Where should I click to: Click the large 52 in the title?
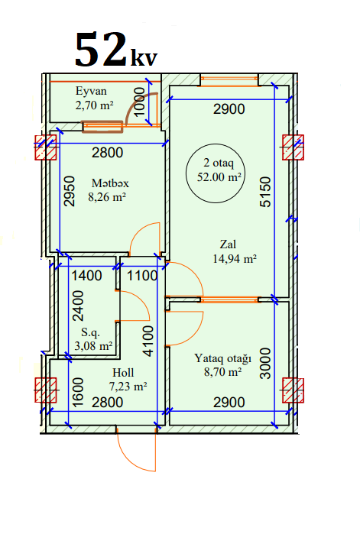pos(100,49)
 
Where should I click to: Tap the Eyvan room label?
pos(91,91)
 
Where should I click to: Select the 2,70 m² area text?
pos(94,105)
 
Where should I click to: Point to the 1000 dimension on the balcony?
pos(139,102)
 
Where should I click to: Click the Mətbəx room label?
pos(110,183)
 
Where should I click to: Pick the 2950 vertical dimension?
pos(69,191)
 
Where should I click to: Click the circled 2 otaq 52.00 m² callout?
pos(216,173)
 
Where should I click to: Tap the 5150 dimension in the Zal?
pos(265,192)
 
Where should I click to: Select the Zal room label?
pos(228,244)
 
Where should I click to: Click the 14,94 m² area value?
pos(235,259)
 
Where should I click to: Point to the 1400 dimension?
pos(86,276)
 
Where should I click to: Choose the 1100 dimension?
pos(142,276)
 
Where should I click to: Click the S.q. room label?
pos(90,332)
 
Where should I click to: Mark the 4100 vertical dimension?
pos(148,341)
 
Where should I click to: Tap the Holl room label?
pos(123,373)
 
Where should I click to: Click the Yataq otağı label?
pos(222,358)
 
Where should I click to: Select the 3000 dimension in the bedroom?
pos(265,364)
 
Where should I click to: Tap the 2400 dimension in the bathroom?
pos(78,306)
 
